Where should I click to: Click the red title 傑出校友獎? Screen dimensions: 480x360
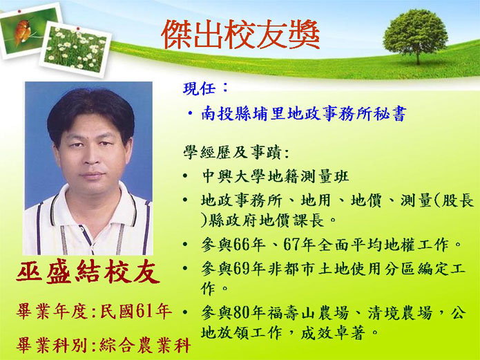coord(240,35)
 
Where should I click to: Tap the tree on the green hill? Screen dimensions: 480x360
coord(415,36)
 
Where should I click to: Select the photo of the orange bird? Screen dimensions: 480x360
coord(30,30)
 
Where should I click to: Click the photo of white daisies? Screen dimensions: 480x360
coord(75,49)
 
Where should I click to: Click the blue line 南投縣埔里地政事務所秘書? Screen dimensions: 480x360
coord(304,114)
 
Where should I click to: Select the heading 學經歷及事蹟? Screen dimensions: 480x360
coord(232,152)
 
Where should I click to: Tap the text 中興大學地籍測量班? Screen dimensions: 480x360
coord(275,177)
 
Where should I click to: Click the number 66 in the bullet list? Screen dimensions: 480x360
coord(241,245)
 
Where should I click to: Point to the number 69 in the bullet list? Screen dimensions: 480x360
coord(241,269)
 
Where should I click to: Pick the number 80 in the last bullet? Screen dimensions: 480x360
coord(241,313)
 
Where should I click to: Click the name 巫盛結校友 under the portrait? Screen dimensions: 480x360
coord(88,272)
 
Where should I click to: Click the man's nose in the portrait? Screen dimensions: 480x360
coord(91,157)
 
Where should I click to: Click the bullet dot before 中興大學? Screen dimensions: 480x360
coord(185,176)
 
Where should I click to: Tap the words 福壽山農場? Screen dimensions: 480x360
coord(308,313)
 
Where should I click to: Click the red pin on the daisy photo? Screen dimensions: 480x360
coord(78,29)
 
